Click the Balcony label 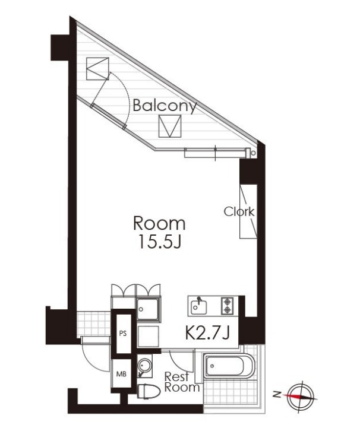165,106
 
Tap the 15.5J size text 160,242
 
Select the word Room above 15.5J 160,223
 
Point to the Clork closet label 239,211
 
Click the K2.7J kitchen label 207,333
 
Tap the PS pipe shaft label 123,334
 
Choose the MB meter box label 122,374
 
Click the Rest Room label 182,382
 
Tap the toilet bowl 149,392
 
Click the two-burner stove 227,306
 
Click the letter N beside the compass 277,394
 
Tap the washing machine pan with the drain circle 148,309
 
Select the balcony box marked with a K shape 97,68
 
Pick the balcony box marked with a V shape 170,126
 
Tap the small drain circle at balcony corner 254,153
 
